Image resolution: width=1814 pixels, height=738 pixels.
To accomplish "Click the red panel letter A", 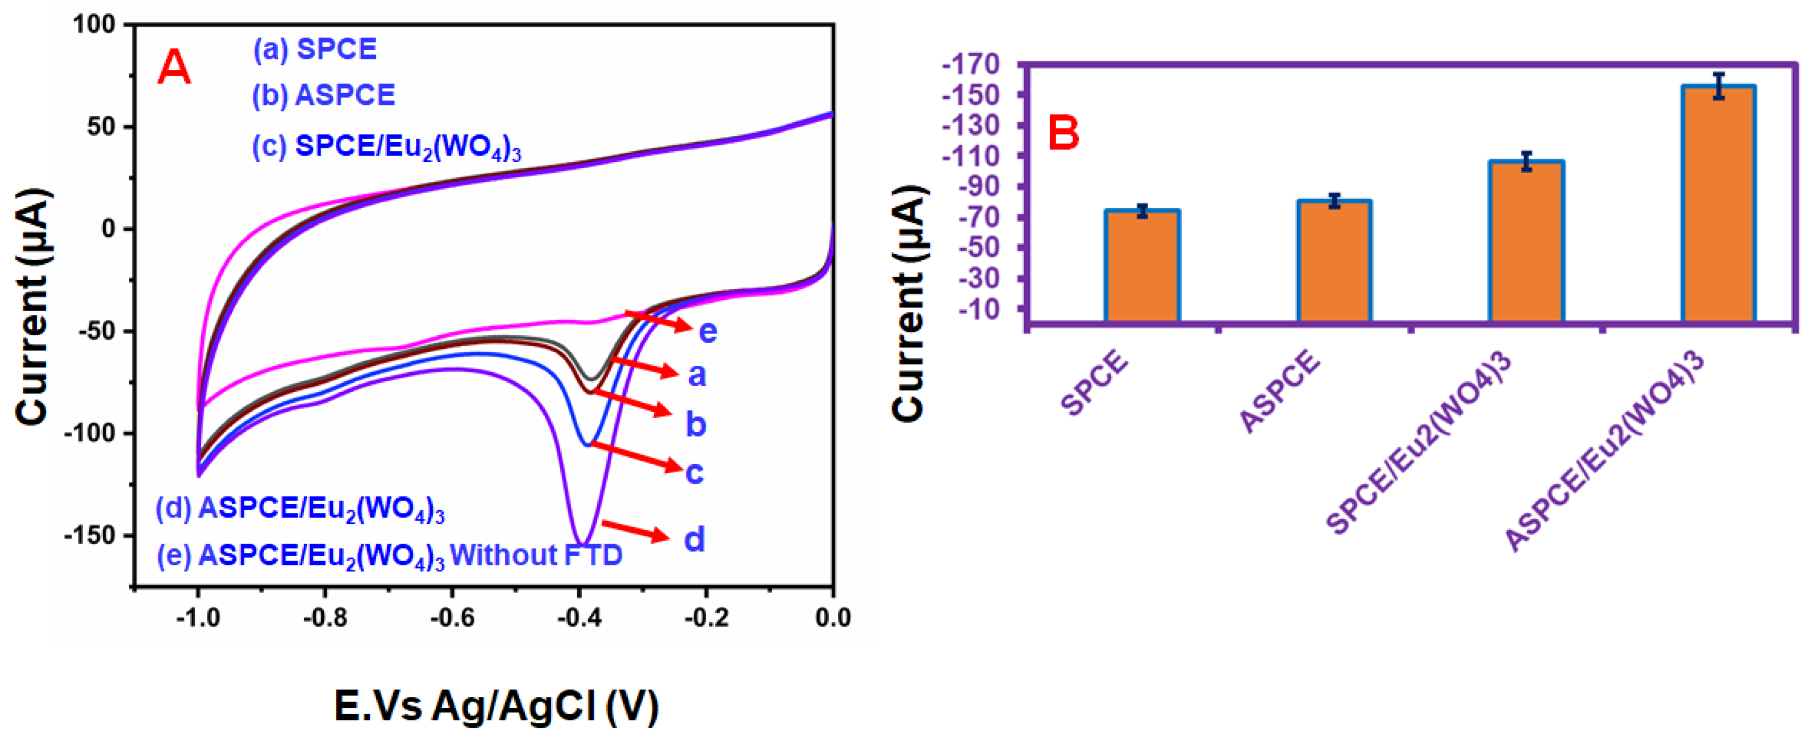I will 173,68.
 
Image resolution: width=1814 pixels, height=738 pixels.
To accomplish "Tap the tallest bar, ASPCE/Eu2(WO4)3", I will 1718,204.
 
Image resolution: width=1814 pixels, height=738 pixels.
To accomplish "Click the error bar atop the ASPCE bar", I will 1335,201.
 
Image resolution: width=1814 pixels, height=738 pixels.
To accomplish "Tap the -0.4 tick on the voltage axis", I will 579,618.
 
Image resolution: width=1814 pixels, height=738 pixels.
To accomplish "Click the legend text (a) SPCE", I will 315,49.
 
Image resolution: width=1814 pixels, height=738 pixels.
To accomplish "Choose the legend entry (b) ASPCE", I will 324,95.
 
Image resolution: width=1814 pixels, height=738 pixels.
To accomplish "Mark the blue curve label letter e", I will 708,331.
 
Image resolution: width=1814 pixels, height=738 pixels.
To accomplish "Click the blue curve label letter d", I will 694,539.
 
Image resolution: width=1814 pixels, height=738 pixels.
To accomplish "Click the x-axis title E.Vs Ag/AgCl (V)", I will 497,706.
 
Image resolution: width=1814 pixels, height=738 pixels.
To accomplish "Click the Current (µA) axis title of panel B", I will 908,303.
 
